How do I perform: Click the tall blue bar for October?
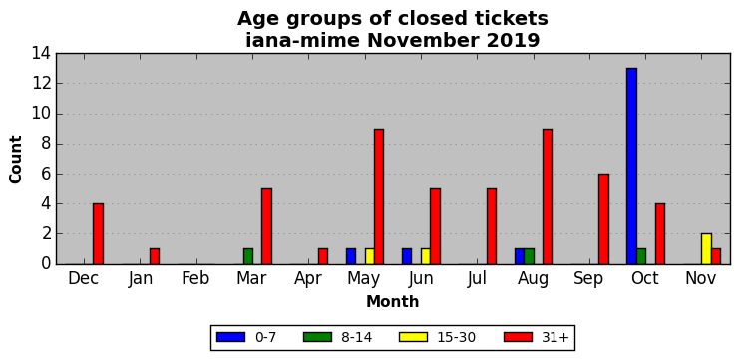pyautogui.click(x=631, y=167)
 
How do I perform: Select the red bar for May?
pyautogui.click(x=379, y=196)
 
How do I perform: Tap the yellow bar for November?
pyautogui.click(x=706, y=249)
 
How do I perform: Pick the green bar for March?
pyautogui.click(x=248, y=257)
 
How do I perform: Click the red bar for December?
pyautogui.click(x=98, y=234)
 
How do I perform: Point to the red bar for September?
pyautogui.click(x=603, y=219)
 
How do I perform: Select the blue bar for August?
pyautogui.click(x=520, y=257)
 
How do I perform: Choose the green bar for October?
pyautogui.click(x=641, y=257)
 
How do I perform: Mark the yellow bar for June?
pyautogui.click(x=426, y=257)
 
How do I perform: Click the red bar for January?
pyautogui.click(x=155, y=257)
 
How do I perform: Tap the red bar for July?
pyautogui.click(x=492, y=226)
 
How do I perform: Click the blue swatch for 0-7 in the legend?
pyautogui.click(x=231, y=337)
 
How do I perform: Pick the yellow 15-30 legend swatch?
pyautogui.click(x=413, y=337)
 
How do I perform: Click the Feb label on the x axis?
pyautogui.click(x=195, y=278)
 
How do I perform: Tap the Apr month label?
pyautogui.click(x=308, y=279)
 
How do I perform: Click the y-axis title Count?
pyautogui.click(x=16, y=160)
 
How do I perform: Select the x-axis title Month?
pyautogui.click(x=393, y=301)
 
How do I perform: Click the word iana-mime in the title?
pyautogui.click(x=302, y=41)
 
